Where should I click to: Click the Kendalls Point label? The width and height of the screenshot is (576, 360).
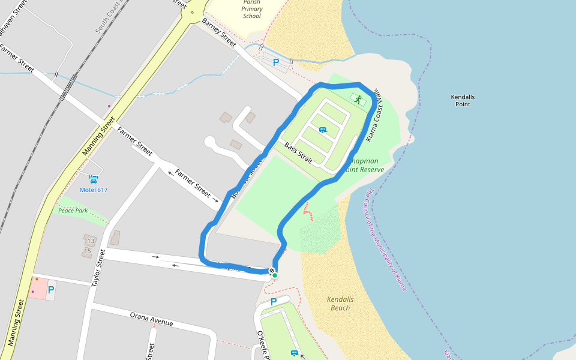coord(463,100)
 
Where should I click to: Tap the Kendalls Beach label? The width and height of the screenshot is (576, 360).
coord(340,304)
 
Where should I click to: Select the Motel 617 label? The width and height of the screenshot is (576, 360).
coord(94,190)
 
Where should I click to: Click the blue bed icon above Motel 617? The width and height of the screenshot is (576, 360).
coord(94,179)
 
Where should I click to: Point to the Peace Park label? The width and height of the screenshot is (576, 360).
coord(73,211)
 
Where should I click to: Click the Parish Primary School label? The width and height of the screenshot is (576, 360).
coord(252,9)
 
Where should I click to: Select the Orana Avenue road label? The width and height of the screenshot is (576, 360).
coord(152,319)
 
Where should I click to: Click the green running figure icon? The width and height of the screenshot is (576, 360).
coord(358,100)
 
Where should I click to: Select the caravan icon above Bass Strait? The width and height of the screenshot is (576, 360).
coord(323,130)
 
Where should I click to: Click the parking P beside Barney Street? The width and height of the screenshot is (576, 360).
coord(276,62)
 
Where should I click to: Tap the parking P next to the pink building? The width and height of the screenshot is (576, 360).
coord(51,290)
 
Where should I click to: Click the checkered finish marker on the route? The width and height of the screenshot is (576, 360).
coord(271,272)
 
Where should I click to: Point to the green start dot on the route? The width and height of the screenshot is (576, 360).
coord(275,275)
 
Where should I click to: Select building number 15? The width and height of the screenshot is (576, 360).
coord(88,251)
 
